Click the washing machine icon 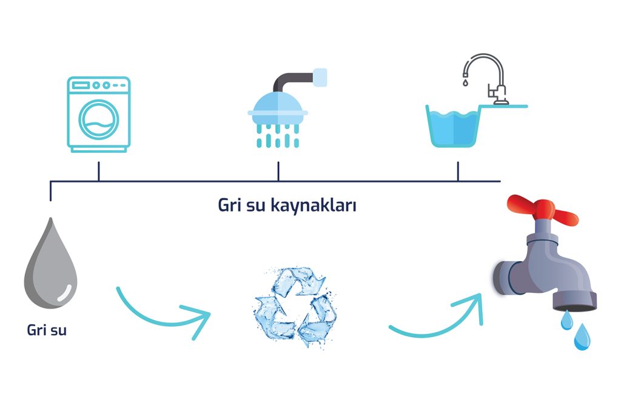pyautogui.click(x=98, y=115)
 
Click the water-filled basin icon pyautogui.click(x=454, y=126)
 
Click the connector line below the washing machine pyautogui.click(x=98, y=172)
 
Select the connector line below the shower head pyautogui.click(x=278, y=172)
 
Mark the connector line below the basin pyautogui.click(x=458, y=172)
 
